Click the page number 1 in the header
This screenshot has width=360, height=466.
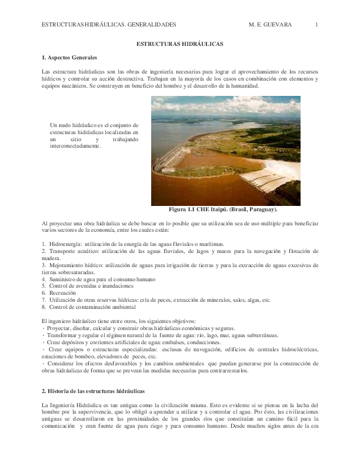[x=316, y=25]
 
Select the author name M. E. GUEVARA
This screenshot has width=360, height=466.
[x=271, y=25]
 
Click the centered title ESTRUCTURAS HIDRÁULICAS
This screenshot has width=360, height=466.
[x=180, y=44]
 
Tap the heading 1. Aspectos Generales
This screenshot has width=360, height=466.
[x=69, y=57]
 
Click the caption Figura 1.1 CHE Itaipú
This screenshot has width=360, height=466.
[x=222, y=209]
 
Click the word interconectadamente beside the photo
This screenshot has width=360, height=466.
[x=75, y=146]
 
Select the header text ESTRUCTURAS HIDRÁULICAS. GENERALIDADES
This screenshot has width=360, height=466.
[x=109, y=25]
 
